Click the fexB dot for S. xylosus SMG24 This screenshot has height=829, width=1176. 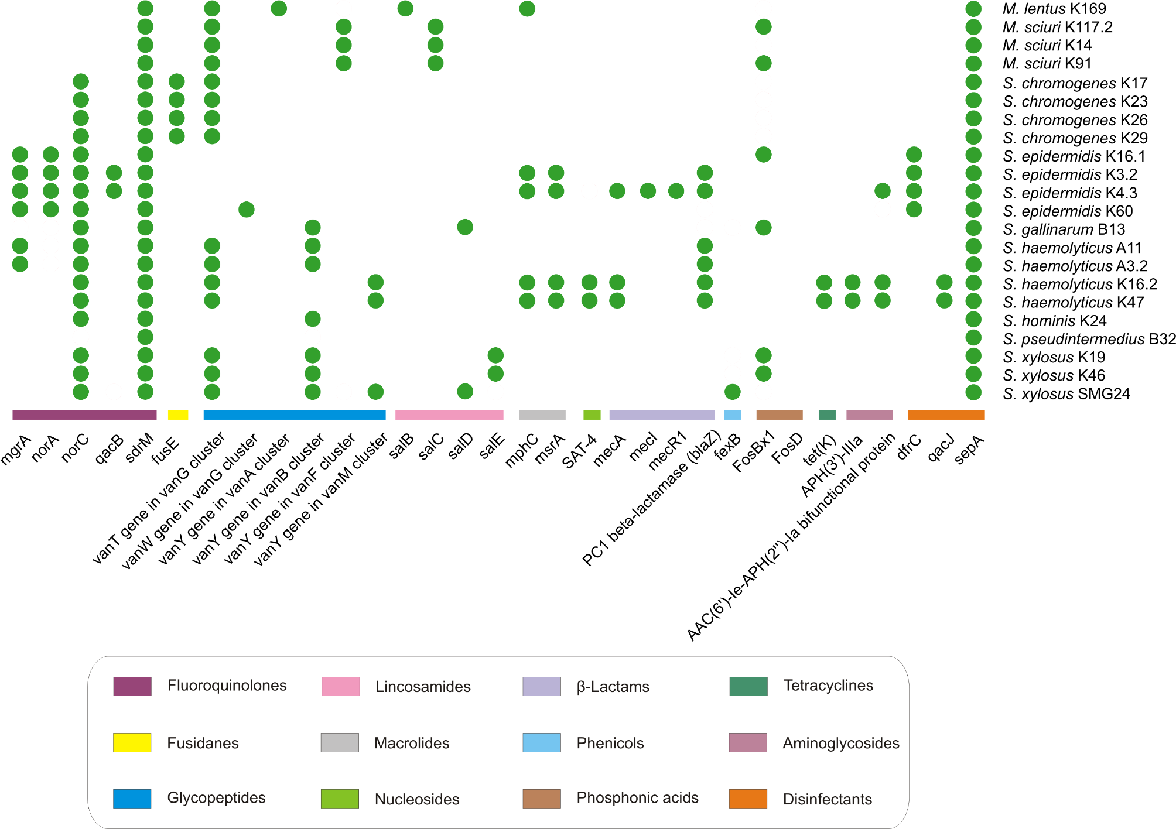[x=732, y=392]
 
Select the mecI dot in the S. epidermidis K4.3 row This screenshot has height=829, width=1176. [x=648, y=191]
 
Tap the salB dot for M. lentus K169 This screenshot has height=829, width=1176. [x=405, y=8]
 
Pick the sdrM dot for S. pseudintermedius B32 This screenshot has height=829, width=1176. [x=145, y=337]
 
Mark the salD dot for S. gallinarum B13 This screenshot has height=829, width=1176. [x=465, y=227]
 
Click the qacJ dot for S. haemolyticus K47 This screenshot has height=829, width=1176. [x=944, y=300]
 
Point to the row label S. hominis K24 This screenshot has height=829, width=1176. [x=1055, y=321]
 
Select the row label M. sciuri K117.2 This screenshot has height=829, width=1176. [x=1058, y=27]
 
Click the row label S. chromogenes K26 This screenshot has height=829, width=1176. [x=1075, y=120]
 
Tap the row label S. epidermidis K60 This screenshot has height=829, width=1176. [x=1068, y=211]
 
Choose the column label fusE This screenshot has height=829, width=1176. [x=166, y=450]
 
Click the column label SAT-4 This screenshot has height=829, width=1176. [x=579, y=451]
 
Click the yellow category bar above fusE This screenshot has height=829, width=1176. [x=178, y=414]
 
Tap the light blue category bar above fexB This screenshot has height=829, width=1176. [x=732, y=414]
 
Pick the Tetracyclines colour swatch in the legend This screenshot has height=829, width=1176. [x=748, y=686]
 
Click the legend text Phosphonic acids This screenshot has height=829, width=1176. [x=637, y=797]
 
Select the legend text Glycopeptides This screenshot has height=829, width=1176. [x=216, y=797]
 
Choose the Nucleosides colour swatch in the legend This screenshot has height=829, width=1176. [x=340, y=799]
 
